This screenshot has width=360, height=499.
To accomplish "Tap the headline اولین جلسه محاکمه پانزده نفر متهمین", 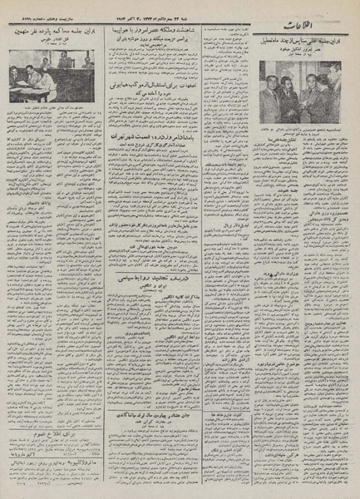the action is [57, 37].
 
